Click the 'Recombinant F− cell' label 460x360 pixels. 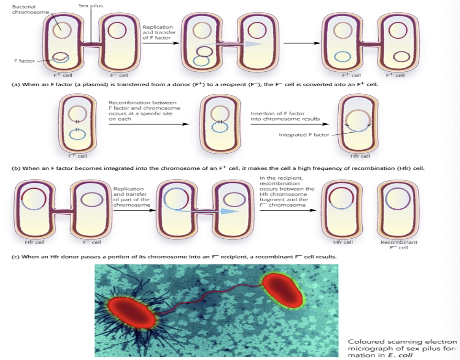click(399, 245)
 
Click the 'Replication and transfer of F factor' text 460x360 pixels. click(160, 32)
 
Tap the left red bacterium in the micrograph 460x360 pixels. click(132, 313)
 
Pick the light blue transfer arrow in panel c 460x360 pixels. click(205, 211)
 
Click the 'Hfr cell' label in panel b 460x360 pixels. click(360, 156)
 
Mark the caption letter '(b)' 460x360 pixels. click(17, 169)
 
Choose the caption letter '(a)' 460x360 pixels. click(17, 85)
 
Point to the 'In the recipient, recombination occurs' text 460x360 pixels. click(287, 191)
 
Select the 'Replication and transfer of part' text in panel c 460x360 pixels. click(131, 197)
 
